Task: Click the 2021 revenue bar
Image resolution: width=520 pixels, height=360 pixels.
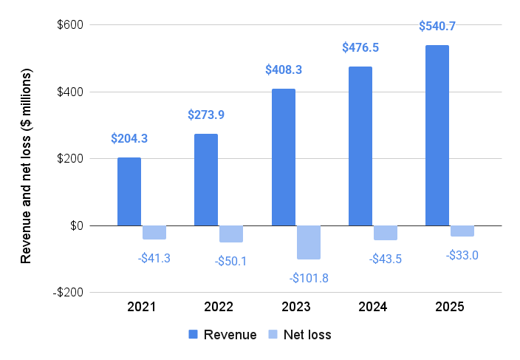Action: pyautogui.click(x=129, y=191)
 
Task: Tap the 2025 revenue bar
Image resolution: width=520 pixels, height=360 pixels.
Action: pyautogui.click(x=437, y=135)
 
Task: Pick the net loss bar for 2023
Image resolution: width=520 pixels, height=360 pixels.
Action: pyautogui.click(x=309, y=242)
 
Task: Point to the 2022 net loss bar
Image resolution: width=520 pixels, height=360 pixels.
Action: pyautogui.click(x=231, y=234)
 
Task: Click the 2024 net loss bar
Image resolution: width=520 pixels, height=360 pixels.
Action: pyautogui.click(x=386, y=233)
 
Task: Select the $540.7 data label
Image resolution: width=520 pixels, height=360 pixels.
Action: pyautogui.click(x=437, y=26)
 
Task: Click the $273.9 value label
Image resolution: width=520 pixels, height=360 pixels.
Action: pyautogui.click(x=206, y=115)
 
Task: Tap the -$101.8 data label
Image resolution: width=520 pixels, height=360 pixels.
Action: pyautogui.click(x=309, y=278)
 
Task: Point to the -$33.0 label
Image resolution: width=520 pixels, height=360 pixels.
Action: pyautogui.click(x=462, y=255)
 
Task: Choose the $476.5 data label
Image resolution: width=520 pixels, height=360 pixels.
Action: pyautogui.click(x=360, y=47)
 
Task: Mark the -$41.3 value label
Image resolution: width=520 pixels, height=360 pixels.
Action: pyautogui.click(x=154, y=259)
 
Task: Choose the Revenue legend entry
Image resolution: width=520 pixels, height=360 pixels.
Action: pyautogui.click(x=223, y=335)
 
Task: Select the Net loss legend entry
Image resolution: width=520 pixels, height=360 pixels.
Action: pyautogui.click(x=299, y=335)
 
